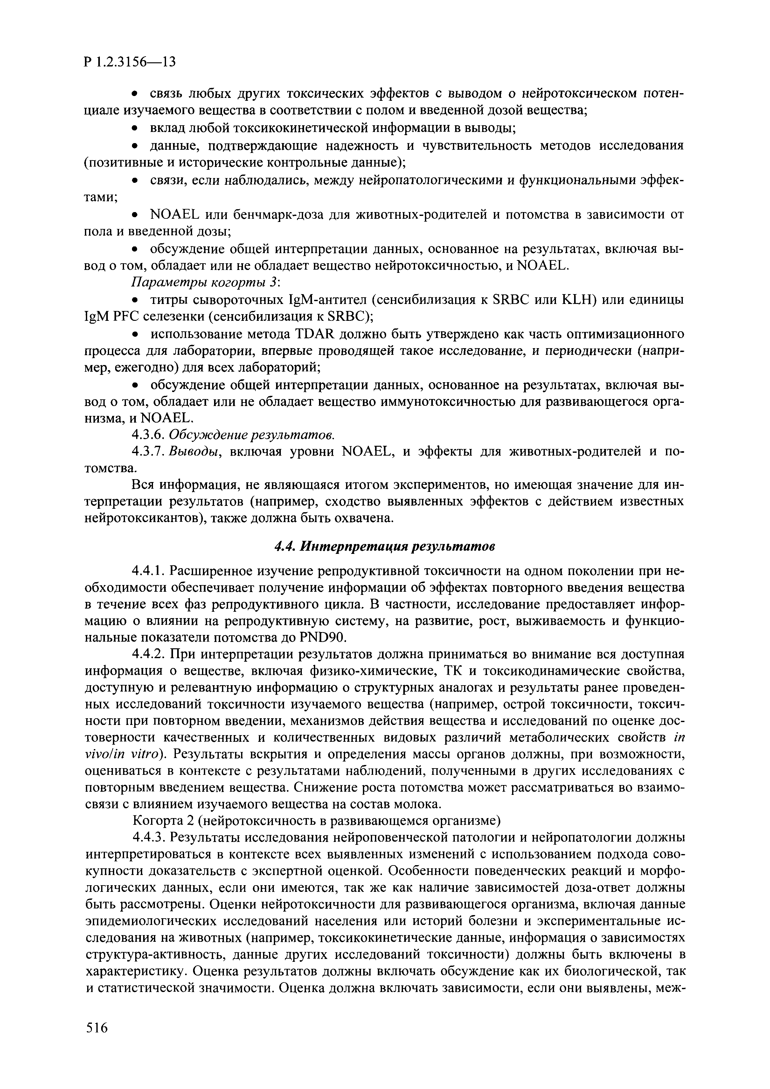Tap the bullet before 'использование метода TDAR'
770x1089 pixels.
point(135,335)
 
